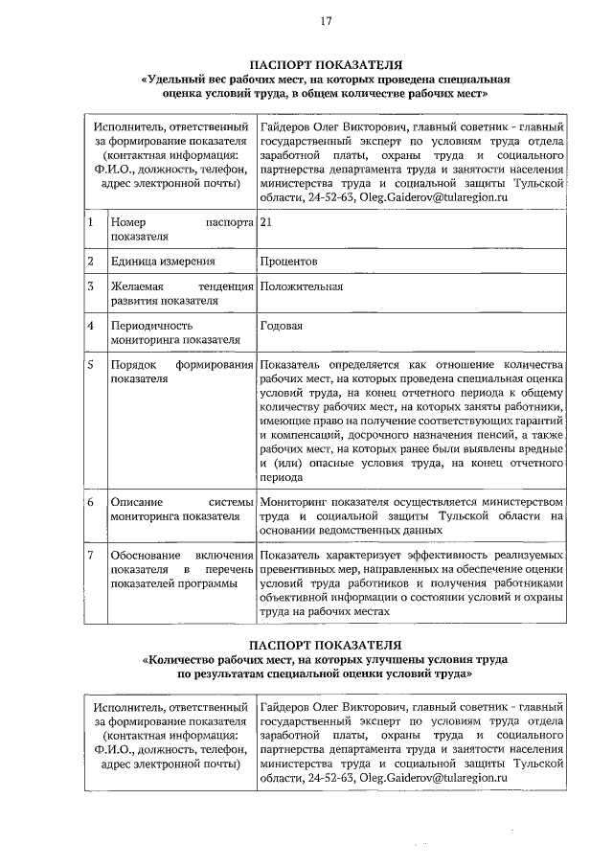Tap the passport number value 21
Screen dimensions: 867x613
click(266, 222)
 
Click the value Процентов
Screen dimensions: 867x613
click(289, 261)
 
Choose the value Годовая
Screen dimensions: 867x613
click(281, 326)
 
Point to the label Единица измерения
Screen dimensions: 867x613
click(159, 261)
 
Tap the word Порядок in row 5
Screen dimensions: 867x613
click(133, 365)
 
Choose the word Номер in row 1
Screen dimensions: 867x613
click(127, 222)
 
